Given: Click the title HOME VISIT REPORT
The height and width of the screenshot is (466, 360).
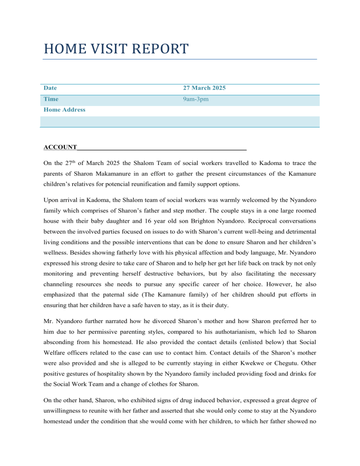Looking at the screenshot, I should pyautogui.click(x=116, y=48).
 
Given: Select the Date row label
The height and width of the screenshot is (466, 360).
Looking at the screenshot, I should pyautogui.click(x=50, y=88).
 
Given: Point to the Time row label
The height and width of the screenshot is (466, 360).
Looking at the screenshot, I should pyautogui.click(x=51, y=99).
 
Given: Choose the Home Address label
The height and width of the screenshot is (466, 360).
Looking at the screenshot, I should pyautogui.click(x=64, y=110).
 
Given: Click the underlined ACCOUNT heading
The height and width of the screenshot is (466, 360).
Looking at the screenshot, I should pyautogui.click(x=60, y=148).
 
